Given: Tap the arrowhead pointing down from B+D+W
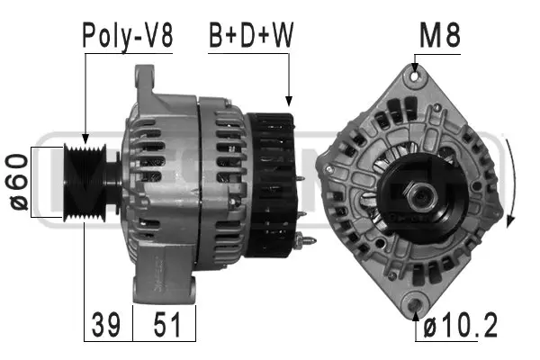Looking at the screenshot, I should pyautogui.click(x=290, y=103).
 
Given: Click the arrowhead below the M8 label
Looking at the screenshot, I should pyautogui.click(x=415, y=68).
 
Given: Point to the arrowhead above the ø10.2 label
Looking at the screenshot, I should pyautogui.click(x=416, y=311).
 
